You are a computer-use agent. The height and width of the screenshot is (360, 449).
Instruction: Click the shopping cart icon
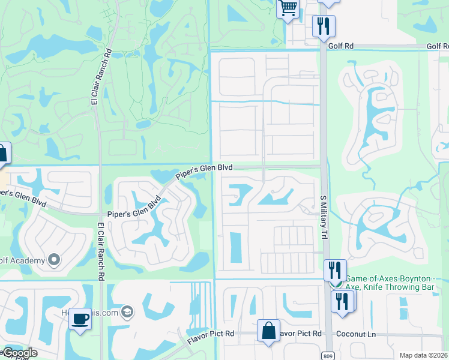click(288, 8)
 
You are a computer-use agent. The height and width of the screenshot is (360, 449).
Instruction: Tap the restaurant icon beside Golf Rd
click(324, 26)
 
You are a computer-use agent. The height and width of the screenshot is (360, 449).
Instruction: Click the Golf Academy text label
click(23, 260)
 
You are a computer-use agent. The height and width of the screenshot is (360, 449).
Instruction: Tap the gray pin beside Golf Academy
click(54, 260)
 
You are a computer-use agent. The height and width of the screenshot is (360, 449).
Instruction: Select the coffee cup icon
click(80, 318)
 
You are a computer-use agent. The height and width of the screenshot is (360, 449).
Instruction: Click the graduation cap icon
click(127, 311)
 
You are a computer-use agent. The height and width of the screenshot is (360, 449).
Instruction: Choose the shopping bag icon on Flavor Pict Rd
click(268, 331)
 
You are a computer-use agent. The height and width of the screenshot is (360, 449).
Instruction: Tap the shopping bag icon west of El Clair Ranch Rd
click(2, 154)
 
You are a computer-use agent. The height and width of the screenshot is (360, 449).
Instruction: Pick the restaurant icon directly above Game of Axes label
click(335, 270)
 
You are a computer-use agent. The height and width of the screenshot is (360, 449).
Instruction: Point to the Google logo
click(19, 353)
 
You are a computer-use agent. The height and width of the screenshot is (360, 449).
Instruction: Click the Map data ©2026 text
click(423, 355)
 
